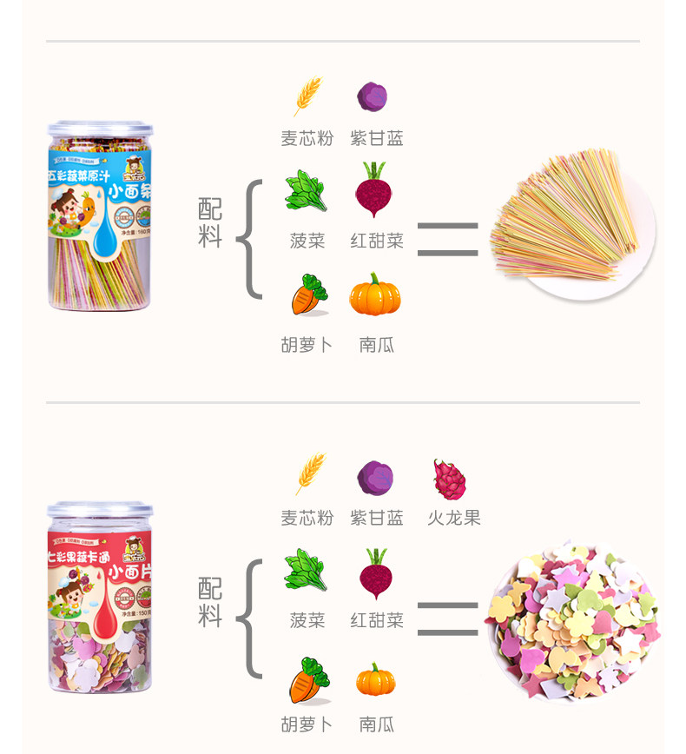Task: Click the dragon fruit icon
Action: pyautogui.click(x=450, y=479)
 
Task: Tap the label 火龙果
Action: pyautogui.click(x=453, y=519)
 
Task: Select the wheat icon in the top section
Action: pyautogui.click(x=307, y=96)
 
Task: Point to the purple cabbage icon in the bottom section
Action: pyautogui.click(x=375, y=479)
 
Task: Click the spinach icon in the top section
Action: pyautogui.click(x=307, y=191)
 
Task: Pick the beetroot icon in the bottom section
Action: pyautogui.click(x=375, y=573)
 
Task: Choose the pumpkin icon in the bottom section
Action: pyautogui.click(x=375, y=679)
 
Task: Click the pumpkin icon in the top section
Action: pyautogui.click(x=375, y=295)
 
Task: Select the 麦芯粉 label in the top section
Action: pyautogui.click(x=307, y=139)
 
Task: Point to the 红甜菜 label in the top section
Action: pyautogui.click(x=377, y=241)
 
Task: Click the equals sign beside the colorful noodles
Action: pyautogui.click(x=447, y=239)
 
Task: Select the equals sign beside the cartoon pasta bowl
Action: pyautogui.click(x=447, y=618)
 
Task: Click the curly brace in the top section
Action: pyautogui.click(x=248, y=239)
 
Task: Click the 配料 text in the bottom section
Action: pyautogui.click(x=210, y=602)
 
